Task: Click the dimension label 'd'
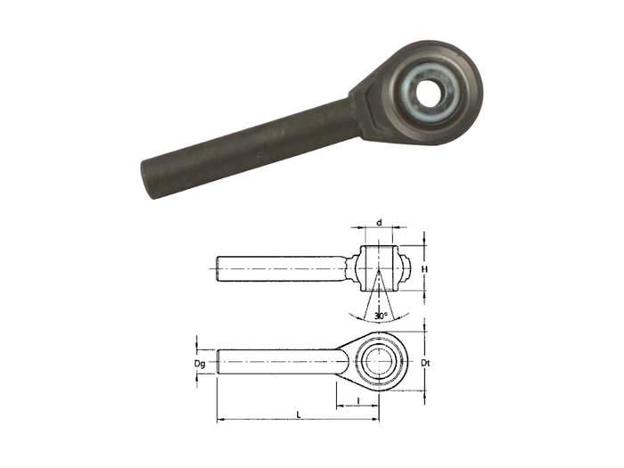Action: click(379, 222)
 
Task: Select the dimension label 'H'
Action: click(427, 267)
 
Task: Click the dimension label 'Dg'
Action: click(201, 364)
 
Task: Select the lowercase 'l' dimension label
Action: click(357, 401)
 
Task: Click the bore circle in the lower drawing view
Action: click(379, 363)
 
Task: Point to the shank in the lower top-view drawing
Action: click(276, 363)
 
